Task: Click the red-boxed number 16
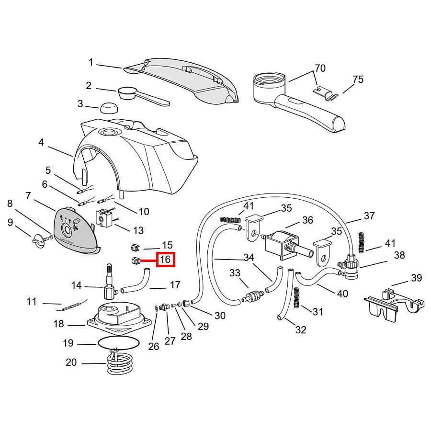coord(166,260)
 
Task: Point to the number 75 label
coord(358,79)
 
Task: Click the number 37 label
coord(369,216)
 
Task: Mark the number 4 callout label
coord(41,142)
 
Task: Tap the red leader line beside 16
coord(148,261)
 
